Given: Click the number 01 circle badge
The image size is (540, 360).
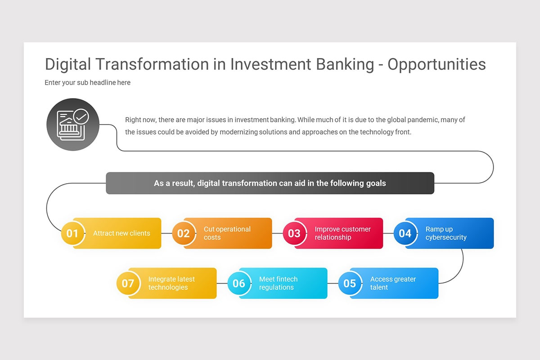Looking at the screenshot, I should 72,234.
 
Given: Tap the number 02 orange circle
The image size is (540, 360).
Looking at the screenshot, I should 183,234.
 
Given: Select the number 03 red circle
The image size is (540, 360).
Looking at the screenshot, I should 294,234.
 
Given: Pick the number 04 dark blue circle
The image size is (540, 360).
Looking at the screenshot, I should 405,234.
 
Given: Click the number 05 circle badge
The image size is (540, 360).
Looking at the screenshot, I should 350,283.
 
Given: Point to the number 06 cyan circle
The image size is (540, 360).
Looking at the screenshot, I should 238,283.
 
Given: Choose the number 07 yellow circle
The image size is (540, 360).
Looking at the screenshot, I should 128,283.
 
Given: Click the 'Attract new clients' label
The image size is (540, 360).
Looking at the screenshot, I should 121,233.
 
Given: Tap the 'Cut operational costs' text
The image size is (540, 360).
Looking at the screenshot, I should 227,233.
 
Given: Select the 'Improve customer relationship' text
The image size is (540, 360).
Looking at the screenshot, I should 342,233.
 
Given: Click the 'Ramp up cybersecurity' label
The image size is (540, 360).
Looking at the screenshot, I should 445,233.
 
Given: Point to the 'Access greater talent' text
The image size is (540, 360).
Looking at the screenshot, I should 392,283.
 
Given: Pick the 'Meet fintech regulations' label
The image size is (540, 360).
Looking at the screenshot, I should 278,283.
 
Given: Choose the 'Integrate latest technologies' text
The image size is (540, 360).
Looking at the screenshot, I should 171,283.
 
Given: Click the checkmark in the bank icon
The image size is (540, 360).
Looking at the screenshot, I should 81,117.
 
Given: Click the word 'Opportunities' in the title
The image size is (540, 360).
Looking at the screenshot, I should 436,64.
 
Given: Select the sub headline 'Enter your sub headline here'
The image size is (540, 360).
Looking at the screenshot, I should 87,82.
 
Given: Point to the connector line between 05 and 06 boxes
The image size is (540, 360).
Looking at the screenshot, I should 333,283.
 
